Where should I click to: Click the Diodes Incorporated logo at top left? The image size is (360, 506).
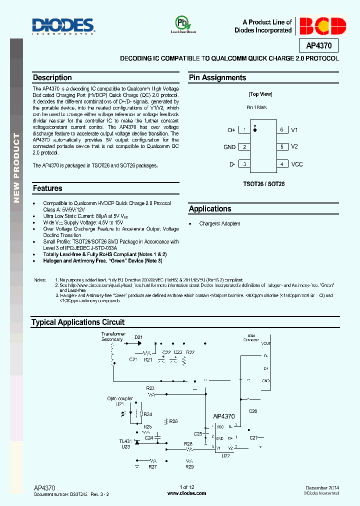click(63, 26)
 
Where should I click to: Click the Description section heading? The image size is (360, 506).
click(52, 78)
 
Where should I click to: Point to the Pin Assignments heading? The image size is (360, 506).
click(217, 78)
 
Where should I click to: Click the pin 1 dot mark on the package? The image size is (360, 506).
click(255, 130)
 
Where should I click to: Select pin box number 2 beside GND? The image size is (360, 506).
click(244, 147)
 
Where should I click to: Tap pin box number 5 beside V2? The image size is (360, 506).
click(282, 147)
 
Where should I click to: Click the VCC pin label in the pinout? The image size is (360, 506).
click(297, 164)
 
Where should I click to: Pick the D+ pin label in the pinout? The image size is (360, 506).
click(231, 130)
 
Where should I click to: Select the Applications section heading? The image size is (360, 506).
click(210, 209)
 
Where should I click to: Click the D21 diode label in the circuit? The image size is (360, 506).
click(138, 337)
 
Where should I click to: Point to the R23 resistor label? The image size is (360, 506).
click(150, 388)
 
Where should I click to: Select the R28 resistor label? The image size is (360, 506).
click(188, 443)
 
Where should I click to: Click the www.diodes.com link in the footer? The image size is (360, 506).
click(186, 493)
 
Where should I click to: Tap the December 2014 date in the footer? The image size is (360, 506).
click(322, 487)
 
